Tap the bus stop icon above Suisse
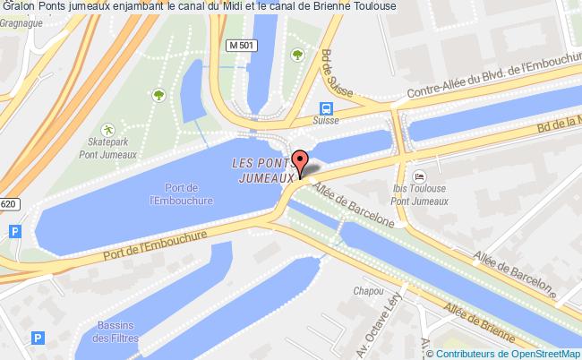[323, 104]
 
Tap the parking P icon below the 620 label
[14, 231]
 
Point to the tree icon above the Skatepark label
[158, 92]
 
